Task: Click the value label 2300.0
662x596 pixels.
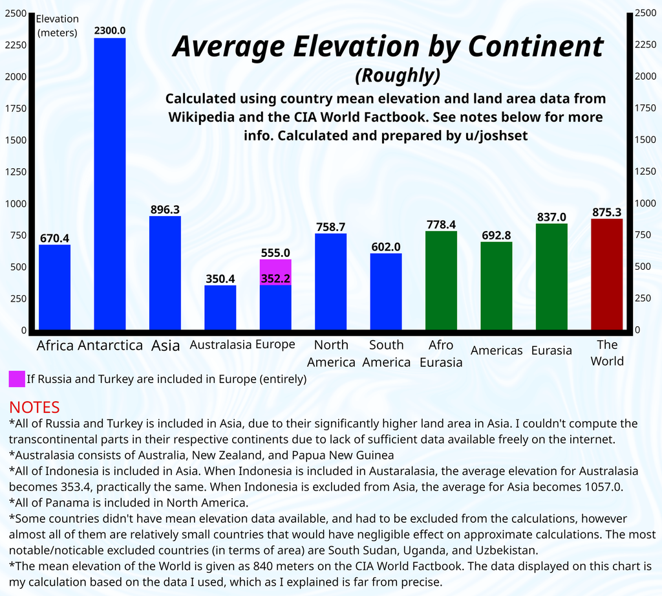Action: click(110, 30)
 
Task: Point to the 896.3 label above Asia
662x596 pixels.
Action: click(165, 209)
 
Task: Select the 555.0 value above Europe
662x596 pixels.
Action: click(275, 252)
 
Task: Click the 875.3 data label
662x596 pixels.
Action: click(606, 212)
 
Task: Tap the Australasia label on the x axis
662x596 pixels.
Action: click(220, 345)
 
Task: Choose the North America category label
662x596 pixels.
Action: click(331, 353)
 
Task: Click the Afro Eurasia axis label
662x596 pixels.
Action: click(441, 353)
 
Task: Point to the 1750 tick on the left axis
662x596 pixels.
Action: click(16, 108)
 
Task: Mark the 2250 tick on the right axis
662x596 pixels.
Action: click(645, 45)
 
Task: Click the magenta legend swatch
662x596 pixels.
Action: click(17, 379)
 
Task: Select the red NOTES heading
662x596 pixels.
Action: click(34, 407)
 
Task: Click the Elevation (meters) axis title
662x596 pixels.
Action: click(57, 26)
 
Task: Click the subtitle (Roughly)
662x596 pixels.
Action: click(398, 76)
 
